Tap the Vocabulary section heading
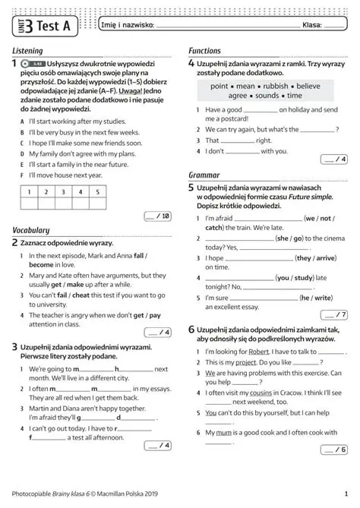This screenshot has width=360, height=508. pos(31,230)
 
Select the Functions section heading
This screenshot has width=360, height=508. pos(204,51)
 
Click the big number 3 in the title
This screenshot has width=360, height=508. pos(29,26)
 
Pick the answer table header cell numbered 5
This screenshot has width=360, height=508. pos(97,192)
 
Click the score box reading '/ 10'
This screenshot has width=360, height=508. pos(158,216)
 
